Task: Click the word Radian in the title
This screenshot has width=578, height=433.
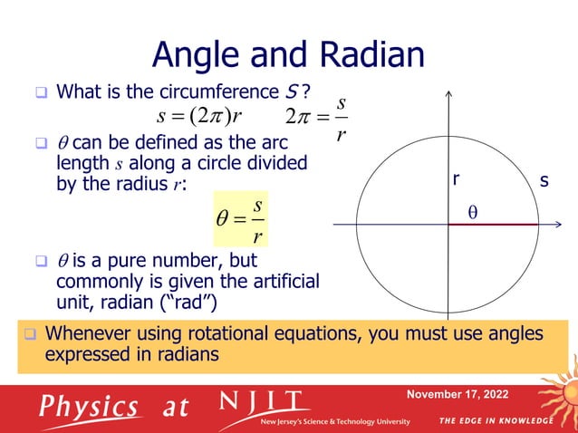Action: [x=369, y=56]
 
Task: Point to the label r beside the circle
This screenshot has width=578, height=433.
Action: [x=458, y=180]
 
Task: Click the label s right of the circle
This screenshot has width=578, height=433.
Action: [x=544, y=181]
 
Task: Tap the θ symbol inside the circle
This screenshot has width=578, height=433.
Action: [x=472, y=211]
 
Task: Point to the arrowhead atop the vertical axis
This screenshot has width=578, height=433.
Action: [x=448, y=94]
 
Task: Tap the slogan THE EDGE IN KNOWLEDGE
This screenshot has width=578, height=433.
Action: [x=496, y=421]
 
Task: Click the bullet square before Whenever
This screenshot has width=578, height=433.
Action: [x=29, y=334]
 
